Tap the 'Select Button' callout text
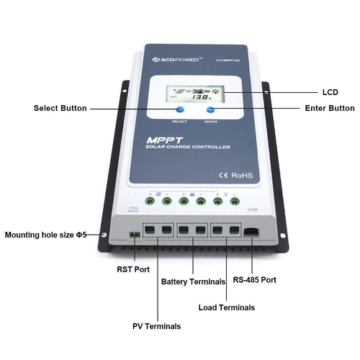click(60, 108)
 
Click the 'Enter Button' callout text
click(325, 108)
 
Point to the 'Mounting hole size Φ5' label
click(45, 235)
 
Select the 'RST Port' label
click(134, 270)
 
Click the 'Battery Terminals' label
click(194, 282)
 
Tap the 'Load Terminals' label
click(226, 307)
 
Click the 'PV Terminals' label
click(156, 326)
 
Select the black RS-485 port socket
click(251, 232)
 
